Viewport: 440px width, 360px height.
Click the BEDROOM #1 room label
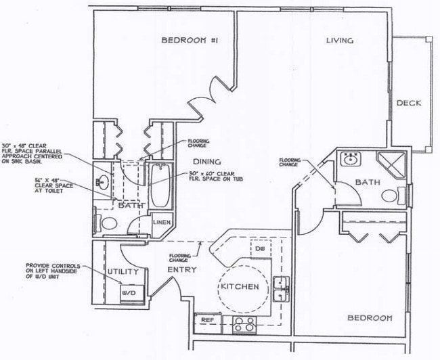coord(189,41)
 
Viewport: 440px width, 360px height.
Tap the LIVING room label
coord(340,41)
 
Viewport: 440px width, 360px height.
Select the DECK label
coord(409,104)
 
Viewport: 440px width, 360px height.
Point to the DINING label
coord(207,162)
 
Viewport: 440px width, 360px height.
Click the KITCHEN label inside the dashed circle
coord(239,287)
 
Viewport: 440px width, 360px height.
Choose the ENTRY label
coord(181,270)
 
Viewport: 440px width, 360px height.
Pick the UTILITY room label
coord(123,272)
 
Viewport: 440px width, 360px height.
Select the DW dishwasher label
coord(259,248)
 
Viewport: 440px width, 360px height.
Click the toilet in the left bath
coord(108,223)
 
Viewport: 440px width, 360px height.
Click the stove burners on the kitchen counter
coord(243,324)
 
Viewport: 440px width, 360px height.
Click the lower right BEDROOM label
coord(370,318)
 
